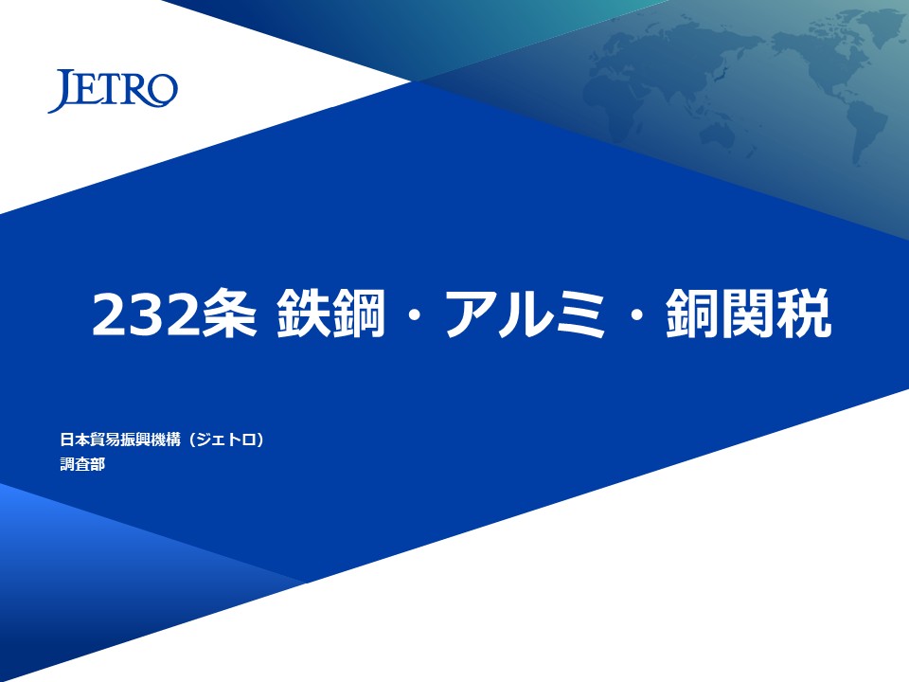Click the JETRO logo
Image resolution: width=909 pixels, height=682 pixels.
pyautogui.click(x=113, y=91)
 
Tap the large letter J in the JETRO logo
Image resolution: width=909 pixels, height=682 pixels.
pyautogui.click(x=61, y=91)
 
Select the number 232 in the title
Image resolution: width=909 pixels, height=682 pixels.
pyautogui.click(x=146, y=314)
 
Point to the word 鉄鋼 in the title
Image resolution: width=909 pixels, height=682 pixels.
pyautogui.click(x=330, y=314)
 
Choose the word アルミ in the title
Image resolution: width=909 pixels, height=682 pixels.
pyautogui.click(x=526, y=314)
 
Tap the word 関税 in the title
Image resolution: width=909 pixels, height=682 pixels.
pyautogui.click(x=776, y=314)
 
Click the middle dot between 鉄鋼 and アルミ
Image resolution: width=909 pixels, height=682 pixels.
pyautogui.click(x=415, y=314)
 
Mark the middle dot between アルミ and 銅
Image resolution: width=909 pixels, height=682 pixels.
pyautogui.click(x=636, y=314)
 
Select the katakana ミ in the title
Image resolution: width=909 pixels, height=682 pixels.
pyautogui.click(x=580, y=314)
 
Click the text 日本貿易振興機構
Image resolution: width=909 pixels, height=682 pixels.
pyautogui.click(x=120, y=440)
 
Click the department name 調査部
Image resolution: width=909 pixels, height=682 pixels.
pyautogui.click(x=82, y=464)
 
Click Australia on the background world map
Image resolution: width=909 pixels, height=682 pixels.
pyautogui.click(x=719, y=136)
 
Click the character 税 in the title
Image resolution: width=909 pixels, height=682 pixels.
pyautogui.click(x=805, y=314)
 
